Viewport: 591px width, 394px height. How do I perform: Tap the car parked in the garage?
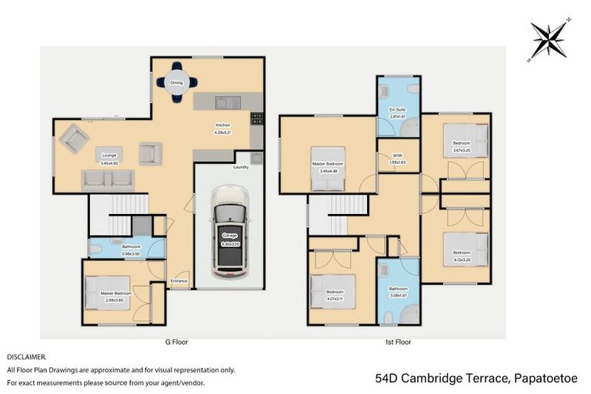(x=229, y=231)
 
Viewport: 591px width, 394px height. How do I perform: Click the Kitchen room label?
(x=223, y=127)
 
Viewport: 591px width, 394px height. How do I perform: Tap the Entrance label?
(x=179, y=281)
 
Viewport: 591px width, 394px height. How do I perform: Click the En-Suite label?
(x=397, y=110)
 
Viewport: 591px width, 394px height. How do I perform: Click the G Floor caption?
(x=175, y=342)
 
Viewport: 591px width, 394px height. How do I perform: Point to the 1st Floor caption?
(x=398, y=342)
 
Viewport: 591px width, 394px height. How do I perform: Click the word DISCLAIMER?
(x=27, y=357)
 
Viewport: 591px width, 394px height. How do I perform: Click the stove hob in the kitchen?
(x=256, y=118)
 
